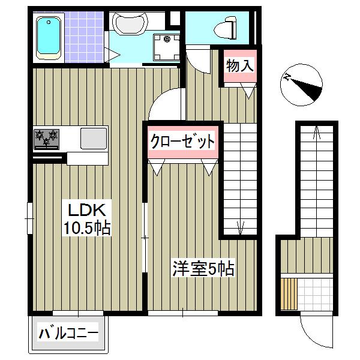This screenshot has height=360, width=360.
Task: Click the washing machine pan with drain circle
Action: pyautogui.click(x=166, y=47)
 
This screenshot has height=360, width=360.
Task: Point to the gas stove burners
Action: pyautogui.click(x=47, y=138)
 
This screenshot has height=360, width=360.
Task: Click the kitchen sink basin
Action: pyautogui.click(x=93, y=138)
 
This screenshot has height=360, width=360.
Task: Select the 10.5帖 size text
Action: pyautogui.click(x=87, y=228)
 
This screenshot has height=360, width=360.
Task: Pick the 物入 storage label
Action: pyautogui.click(x=239, y=65)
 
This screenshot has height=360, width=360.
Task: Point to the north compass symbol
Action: pyautogui.click(x=302, y=84)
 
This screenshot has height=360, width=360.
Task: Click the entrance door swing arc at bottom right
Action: pyautogui.click(x=314, y=333)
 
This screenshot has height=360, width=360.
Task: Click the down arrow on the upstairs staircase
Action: pyautogui.click(x=240, y=227)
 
